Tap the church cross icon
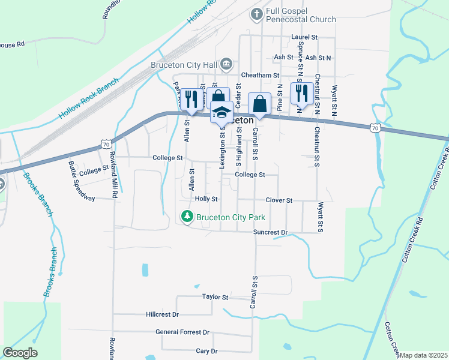[256, 13]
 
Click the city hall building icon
[226, 64]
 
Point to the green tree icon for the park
[187, 217]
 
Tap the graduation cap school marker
[221, 112]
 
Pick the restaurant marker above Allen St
[191, 99]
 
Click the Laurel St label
[304, 37]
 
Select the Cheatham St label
[261, 76]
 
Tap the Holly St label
[206, 199]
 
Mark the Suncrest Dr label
[271, 232]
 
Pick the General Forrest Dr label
[182, 332]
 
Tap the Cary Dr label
[206, 351]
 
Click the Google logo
[20, 353]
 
